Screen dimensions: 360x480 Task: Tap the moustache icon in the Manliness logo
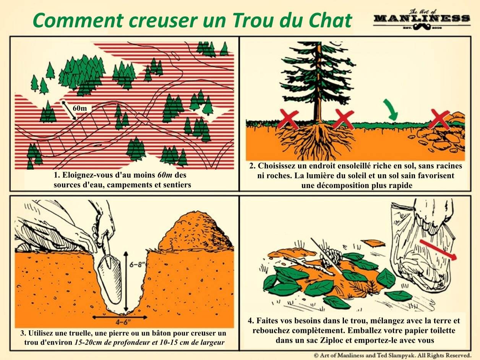[x=422, y=27]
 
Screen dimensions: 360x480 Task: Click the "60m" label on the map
[x=79, y=108]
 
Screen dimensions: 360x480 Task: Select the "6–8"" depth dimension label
[x=136, y=264]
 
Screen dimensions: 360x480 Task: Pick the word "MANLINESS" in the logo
[x=422, y=18]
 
